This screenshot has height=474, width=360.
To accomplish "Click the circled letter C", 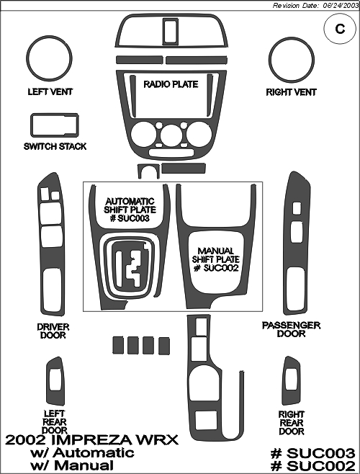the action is (340, 29).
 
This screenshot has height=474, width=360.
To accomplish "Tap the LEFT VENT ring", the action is (28, 59).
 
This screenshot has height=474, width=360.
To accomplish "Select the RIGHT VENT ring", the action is (271, 60).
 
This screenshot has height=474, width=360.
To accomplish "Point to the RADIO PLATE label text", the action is (171, 84).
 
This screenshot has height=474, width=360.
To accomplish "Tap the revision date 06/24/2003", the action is (341, 6).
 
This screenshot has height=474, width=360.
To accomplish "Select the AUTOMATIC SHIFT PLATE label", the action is (130, 210).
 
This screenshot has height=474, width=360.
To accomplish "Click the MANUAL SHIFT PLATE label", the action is (216, 259).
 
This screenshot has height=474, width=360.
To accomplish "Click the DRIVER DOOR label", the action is (53, 331).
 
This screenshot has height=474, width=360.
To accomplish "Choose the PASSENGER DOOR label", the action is (291, 329).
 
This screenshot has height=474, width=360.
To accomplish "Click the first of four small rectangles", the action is (118, 345).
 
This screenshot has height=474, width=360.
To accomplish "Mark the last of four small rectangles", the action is (164, 346).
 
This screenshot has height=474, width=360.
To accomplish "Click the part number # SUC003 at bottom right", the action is (313, 453).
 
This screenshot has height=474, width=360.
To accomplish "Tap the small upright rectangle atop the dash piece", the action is (170, 30).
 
